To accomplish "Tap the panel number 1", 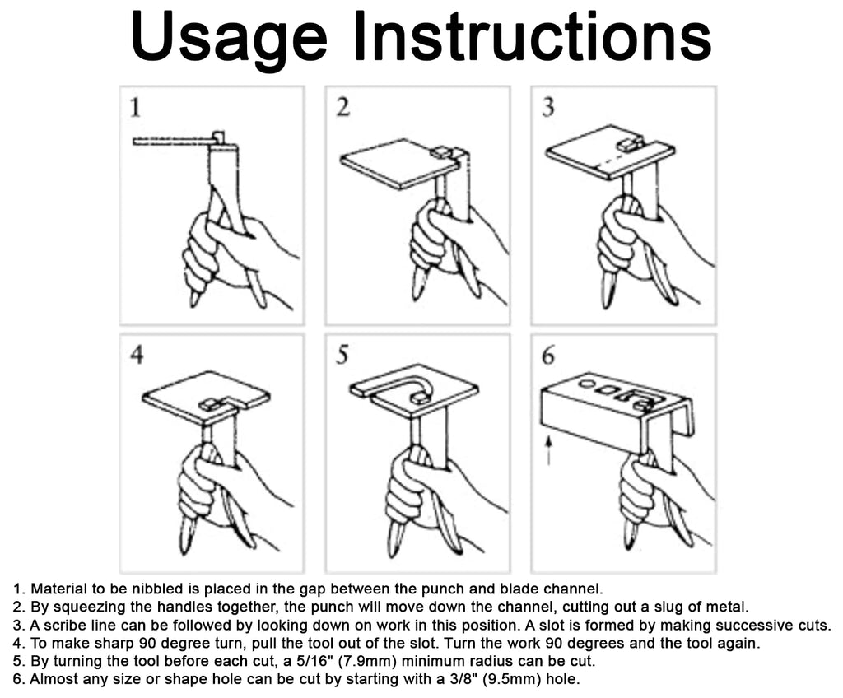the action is pyautogui.click(x=136, y=107).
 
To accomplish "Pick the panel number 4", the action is pyautogui.click(x=137, y=355).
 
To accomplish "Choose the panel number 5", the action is pyautogui.click(x=342, y=355).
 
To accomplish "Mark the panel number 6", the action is pyautogui.click(x=547, y=355).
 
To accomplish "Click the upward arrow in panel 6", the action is pyautogui.click(x=548, y=449).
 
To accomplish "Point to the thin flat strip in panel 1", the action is pyautogui.click(x=172, y=142).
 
